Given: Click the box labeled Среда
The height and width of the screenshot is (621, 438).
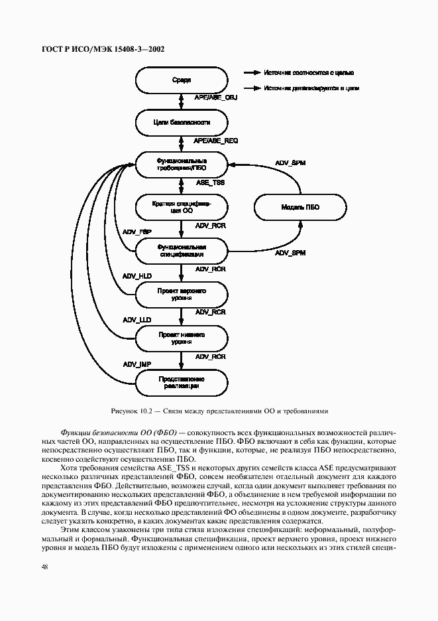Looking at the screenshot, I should point(181,80).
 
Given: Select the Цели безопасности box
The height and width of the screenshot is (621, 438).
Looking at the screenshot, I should point(181,123).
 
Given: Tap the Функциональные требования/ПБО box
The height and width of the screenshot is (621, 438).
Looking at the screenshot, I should point(181,164).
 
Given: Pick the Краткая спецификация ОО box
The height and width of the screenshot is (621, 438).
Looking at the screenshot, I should point(181,206).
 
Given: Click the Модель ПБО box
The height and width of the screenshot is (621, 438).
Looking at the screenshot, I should point(300,207).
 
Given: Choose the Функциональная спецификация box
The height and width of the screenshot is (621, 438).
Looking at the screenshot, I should point(181,249).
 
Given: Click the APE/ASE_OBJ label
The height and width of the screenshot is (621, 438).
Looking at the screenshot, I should point(215,98).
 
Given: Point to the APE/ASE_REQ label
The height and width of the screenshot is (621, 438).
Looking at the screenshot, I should point(215,141).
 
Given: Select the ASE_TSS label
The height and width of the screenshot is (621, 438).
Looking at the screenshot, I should point(209,182).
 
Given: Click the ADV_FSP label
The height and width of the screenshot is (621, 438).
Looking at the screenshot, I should point(137,231).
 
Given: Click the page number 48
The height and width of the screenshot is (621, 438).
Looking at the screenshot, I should point(44,567).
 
